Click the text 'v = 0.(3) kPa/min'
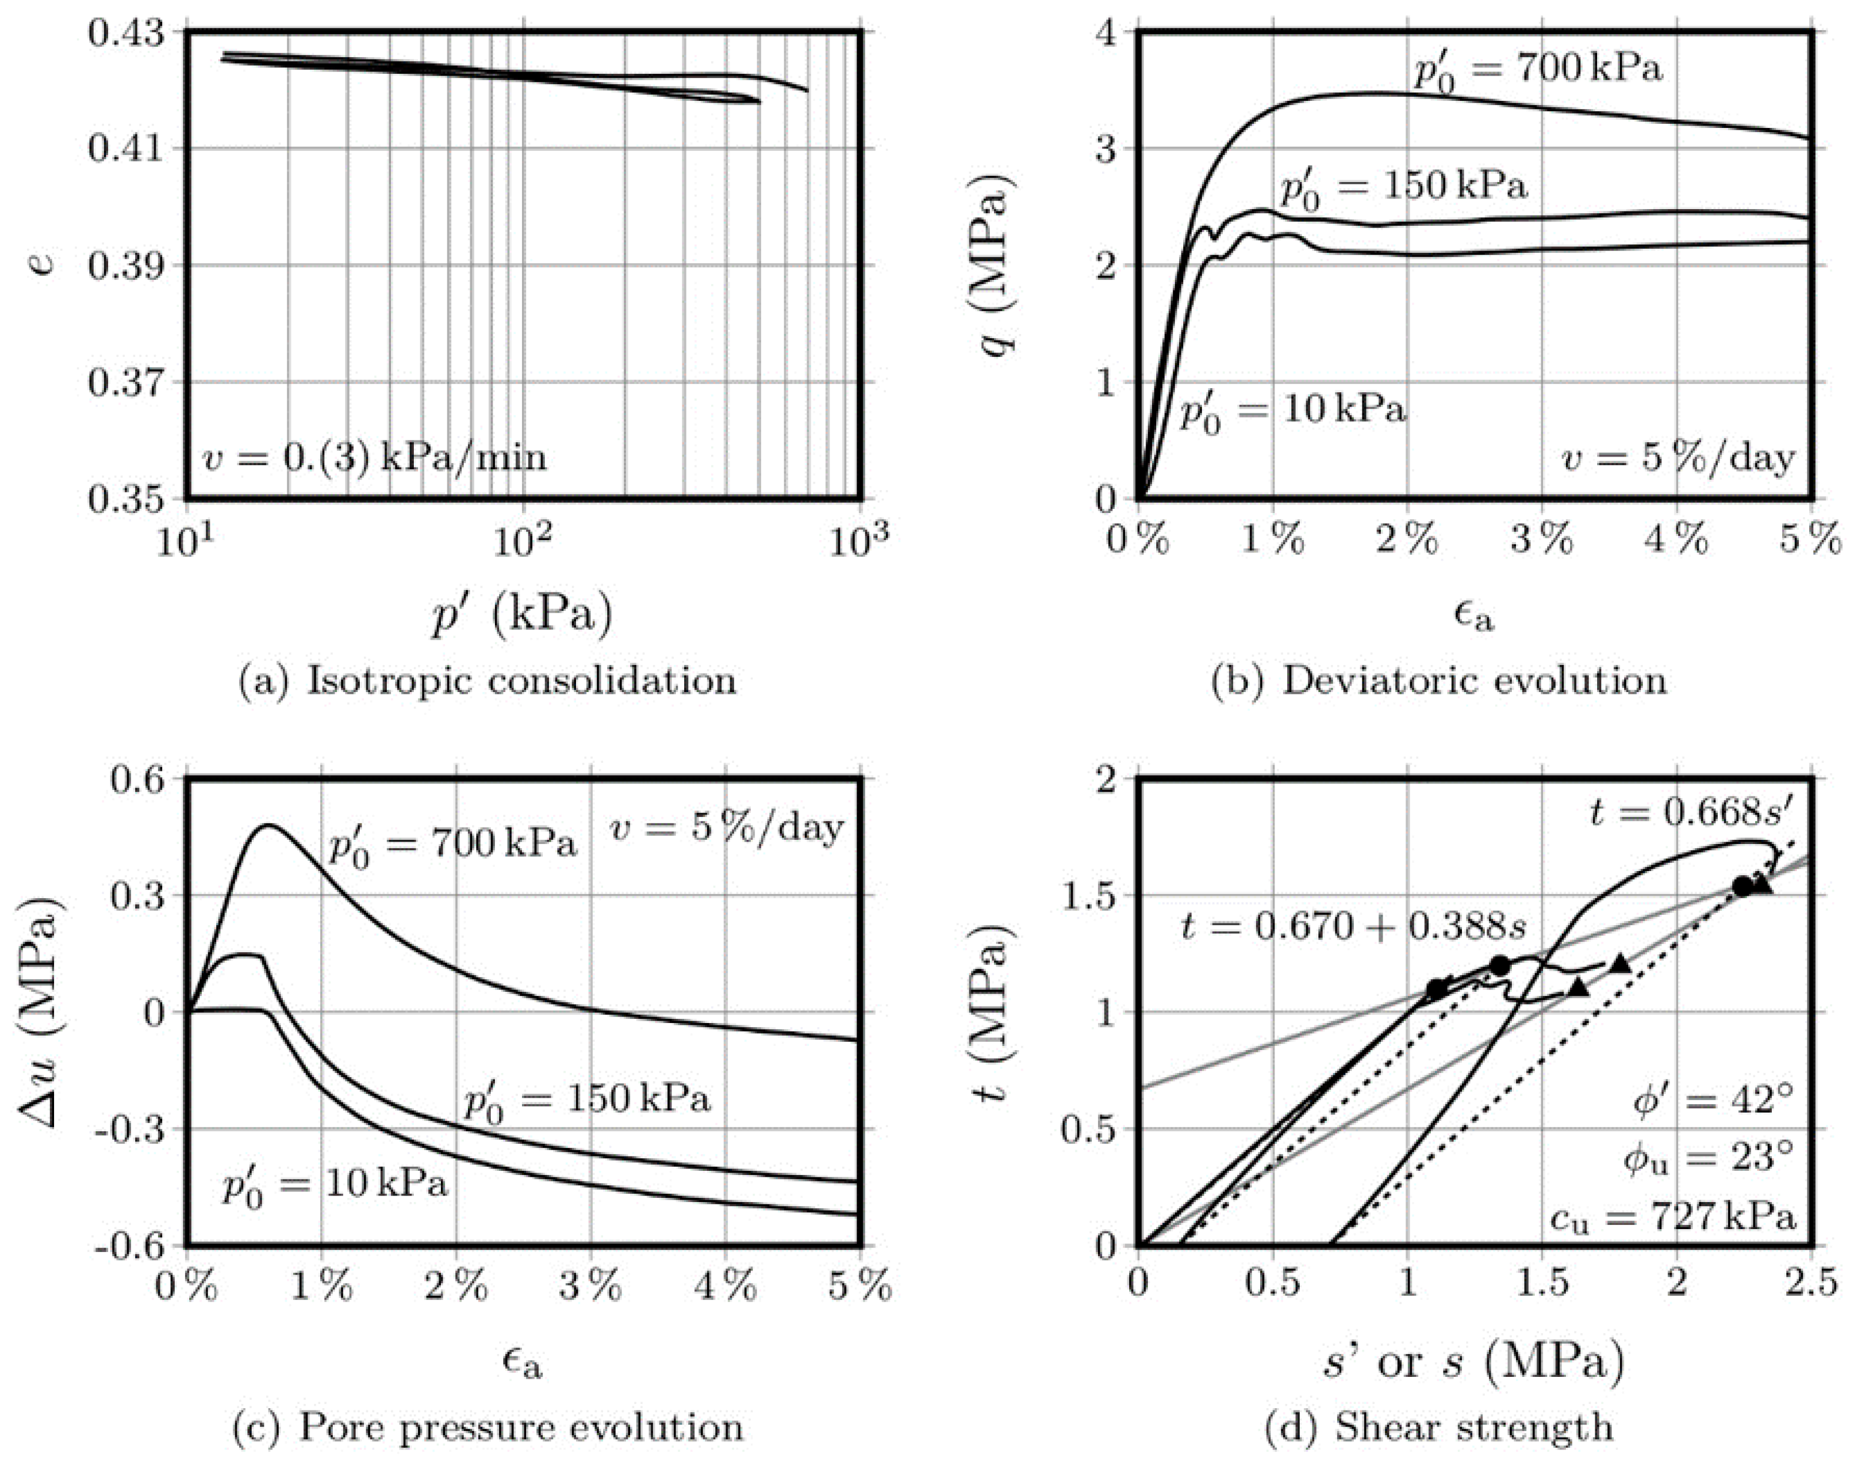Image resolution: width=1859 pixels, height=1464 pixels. (375, 458)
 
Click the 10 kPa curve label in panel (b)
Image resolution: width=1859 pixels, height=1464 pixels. (1293, 412)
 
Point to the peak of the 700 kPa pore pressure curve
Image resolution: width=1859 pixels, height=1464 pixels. (268, 825)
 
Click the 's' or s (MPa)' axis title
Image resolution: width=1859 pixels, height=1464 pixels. (1472, 1362)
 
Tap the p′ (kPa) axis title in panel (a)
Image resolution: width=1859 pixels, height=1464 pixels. (522, 615)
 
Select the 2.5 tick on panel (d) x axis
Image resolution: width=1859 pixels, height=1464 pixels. (1811, 1284)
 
